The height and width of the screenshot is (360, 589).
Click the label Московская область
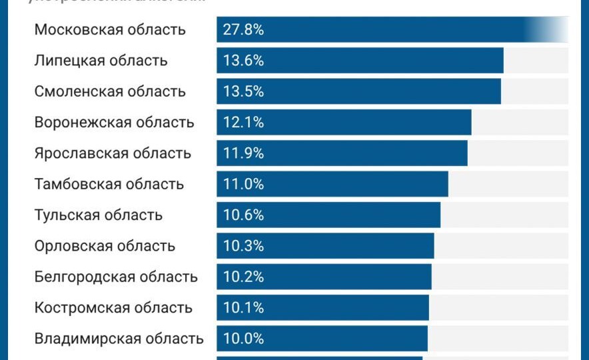(x=110, y=30)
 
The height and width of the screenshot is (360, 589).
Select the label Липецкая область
(x=101, y=61)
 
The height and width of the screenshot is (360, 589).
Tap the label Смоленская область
(x=110, y=91)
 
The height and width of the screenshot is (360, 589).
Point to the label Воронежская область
(x=114, y=123)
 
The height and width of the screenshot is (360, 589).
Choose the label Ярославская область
(x=113, y=153)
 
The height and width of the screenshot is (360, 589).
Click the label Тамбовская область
(x=109, y=184)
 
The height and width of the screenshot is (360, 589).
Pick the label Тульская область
(x=98, y=215)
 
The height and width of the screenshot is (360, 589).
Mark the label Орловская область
(x=105, y=246)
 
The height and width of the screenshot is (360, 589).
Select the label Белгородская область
(x=116, y=277)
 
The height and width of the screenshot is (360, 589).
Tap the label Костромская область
(x=113, y=308)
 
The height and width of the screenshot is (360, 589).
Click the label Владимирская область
(x=119, y=339)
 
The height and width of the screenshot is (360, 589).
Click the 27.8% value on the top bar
(x=244, y=30)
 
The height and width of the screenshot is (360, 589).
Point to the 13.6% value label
(x=244, y=61)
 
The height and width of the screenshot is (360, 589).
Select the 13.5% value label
(x=244, y=91)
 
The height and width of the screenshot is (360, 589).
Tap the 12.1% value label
(x=244, y=123)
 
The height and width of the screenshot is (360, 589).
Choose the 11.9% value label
(x=244, y=153)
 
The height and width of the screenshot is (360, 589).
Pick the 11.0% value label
(x=244, y=184)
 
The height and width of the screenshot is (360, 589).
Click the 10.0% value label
(x=244, y=339)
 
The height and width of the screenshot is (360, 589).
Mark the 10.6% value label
(x=244, y=215)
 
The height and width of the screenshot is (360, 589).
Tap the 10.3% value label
(x=244, y=246)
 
